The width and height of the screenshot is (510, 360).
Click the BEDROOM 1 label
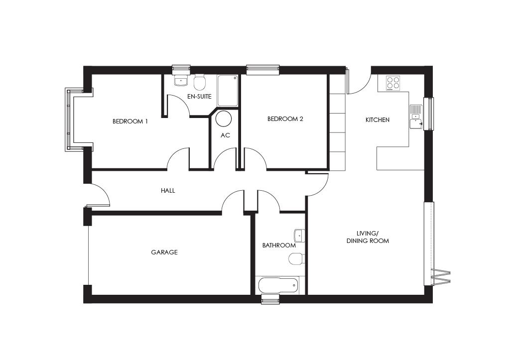130,121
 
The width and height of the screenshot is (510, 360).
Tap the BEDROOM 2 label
285,119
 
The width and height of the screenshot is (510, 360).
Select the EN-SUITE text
199,97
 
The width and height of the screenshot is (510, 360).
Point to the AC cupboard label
225,135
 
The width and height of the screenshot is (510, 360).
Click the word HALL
168,191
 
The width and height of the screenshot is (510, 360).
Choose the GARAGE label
164,252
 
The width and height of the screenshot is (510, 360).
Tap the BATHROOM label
279,245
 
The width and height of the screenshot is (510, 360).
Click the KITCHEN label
378,120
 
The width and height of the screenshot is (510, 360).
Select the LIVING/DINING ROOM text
368,237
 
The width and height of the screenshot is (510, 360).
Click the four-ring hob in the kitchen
393,83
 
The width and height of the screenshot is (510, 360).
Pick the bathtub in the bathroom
278,286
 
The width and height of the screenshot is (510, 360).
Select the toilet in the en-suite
200,82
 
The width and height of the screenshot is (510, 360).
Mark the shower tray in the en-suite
228,90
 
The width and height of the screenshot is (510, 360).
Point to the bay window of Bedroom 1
69,120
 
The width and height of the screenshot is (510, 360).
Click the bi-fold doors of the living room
440,276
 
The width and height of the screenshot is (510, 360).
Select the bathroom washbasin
299,235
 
